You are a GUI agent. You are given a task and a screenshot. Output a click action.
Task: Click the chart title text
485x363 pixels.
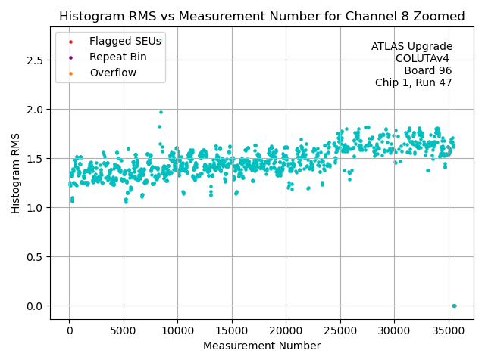tap(262, 17)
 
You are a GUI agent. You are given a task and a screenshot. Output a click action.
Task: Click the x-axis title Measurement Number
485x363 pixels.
tap(262, 346)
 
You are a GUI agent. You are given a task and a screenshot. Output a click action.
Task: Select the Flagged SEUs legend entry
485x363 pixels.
tap(121, 42)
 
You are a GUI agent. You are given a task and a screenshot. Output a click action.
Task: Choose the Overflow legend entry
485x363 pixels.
tap(113, 73)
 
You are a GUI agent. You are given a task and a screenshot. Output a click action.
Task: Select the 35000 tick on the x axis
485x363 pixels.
tap(449, 330)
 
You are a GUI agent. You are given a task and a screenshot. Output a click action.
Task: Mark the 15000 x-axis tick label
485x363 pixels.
tap(232, 330)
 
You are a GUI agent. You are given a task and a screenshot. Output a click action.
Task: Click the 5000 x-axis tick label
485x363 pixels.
tap(124, 330)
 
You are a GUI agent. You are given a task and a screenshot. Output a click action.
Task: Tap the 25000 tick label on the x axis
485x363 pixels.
tap(340, 330)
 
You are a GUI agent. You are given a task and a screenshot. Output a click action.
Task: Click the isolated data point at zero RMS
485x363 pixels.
tap(454, 306)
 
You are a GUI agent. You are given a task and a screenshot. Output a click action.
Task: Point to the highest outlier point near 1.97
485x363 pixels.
tap(161, 112)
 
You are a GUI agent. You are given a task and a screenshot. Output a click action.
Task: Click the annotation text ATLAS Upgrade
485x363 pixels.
tap(411, 47)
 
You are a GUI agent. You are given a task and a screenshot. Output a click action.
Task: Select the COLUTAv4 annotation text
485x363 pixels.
tap(423, 59)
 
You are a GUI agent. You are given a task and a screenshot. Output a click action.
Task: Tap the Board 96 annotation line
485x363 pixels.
tap(428, 71)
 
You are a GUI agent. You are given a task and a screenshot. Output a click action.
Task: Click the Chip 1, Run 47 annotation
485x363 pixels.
tap(413, 83)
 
